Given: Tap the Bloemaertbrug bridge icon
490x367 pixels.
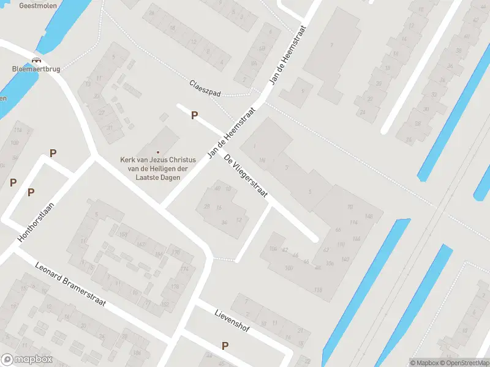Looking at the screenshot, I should pyautogui.click(x=36, y=60).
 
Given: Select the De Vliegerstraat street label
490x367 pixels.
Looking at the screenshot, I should pyautogui.click(x=246, y=177).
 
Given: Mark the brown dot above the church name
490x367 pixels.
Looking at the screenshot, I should pyautogui.click(x=158, y=152).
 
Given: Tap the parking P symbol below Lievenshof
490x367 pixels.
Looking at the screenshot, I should pyautogui.click(x=225, y=346).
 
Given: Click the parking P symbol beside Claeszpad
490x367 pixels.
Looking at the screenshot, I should pyautogui.click(x=195, y=115).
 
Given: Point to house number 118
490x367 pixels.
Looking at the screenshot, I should pyautogui.click(x=317, y=289).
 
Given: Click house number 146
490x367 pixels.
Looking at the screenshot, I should pyautogui.click(x=369, y=217).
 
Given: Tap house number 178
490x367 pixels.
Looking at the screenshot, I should pyautogui.click(x=175, y=286).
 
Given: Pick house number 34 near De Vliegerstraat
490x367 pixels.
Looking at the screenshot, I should pyautogui.click(x=224, y=222).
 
